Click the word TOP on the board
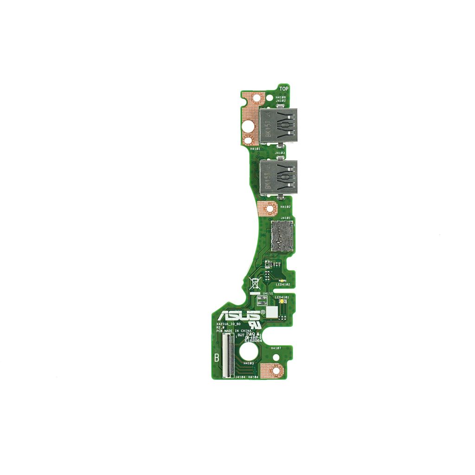pyautogui.click(x=284, y=89)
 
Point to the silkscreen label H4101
pyautogui.click(x=255, y=149)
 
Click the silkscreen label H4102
pyautogui.click(x=286, y=207)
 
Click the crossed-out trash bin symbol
pyautogui.click(x=254, y=283)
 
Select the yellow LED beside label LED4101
pyautogui.click(x=282, y=302)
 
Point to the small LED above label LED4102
pyautogui.click(x=282, y=281)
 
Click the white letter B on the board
pyautogui.click(x=217, y=358)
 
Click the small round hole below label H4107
pyautogui.click(x=276, y=357)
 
